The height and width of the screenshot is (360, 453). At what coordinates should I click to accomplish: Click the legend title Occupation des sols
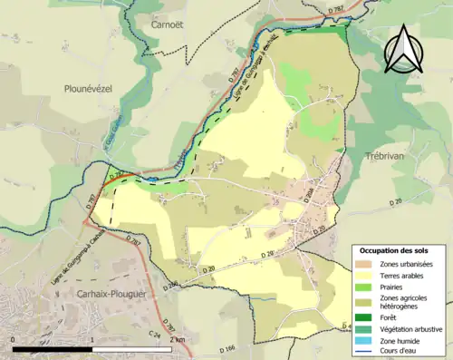394,249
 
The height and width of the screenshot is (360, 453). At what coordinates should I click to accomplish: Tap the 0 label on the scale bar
14,340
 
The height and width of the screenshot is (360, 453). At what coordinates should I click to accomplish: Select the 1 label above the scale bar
93,340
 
